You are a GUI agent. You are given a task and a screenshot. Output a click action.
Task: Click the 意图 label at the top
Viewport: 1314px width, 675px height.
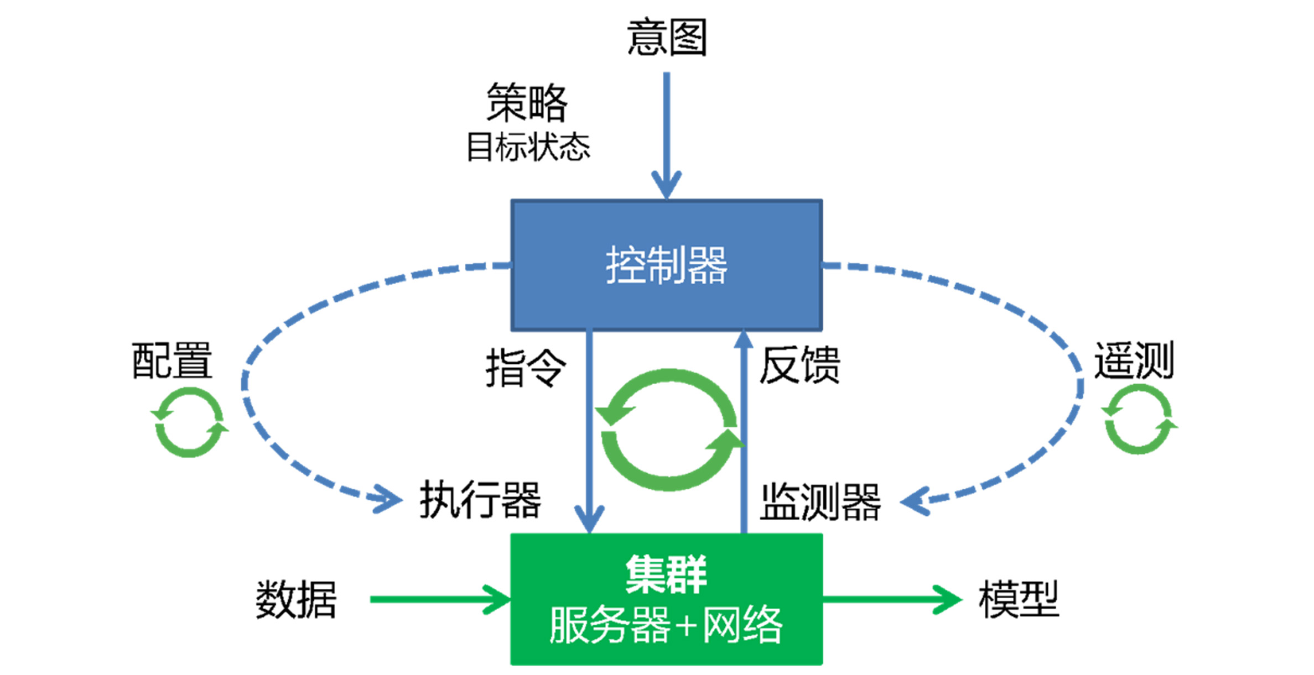coord(667,37)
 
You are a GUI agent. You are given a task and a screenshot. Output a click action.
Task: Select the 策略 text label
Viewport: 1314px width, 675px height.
coord(527,102)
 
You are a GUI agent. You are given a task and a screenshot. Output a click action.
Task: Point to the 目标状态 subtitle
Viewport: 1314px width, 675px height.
coord(528,147)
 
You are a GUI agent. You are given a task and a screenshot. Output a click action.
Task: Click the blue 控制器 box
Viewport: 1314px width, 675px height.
coord(667,265)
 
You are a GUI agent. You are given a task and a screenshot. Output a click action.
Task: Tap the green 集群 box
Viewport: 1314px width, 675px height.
coord(667,599)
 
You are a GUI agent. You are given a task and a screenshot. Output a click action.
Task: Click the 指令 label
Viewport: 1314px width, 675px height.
coord(526,368)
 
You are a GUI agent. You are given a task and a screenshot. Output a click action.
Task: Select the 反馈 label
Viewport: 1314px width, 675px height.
coord(799,365)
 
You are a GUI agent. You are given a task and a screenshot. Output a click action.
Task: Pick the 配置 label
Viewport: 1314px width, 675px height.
coord(172,360)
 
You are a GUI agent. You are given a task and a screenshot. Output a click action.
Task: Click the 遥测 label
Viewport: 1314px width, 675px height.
coord(1134,360)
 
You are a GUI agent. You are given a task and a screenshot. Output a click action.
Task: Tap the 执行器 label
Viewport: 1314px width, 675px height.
coord(480,500)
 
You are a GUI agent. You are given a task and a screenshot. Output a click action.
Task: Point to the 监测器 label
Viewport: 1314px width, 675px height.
coord(820,502)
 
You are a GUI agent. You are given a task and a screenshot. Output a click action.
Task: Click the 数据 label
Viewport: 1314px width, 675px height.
coord(296,600)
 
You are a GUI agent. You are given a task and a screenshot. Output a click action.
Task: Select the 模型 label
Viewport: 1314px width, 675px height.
coord(1019,599)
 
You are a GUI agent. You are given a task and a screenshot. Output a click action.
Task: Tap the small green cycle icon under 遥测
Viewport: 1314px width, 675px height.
coord(1139,420)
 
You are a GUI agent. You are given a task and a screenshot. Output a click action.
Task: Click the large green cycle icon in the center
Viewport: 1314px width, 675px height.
coord(669,430)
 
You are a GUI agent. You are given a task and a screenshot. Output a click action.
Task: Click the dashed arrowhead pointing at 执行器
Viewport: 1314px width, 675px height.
coord(387,499)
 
